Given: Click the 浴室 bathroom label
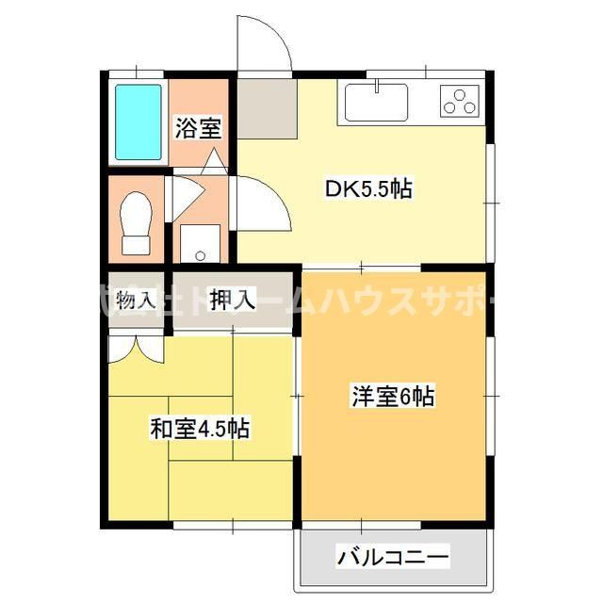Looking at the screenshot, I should [197, 129].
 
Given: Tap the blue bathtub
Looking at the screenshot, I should [139, 122].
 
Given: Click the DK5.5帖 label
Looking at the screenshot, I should [368, 188].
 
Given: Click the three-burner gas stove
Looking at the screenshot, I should [460, 100].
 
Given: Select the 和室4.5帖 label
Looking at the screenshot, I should [200, 430].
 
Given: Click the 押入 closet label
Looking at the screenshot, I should [232, 301].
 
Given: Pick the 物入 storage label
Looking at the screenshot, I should [136, 301].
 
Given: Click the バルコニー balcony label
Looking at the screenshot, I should [395, 558].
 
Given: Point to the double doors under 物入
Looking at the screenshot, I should [136, 348].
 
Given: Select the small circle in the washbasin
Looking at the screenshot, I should [199, 254].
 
